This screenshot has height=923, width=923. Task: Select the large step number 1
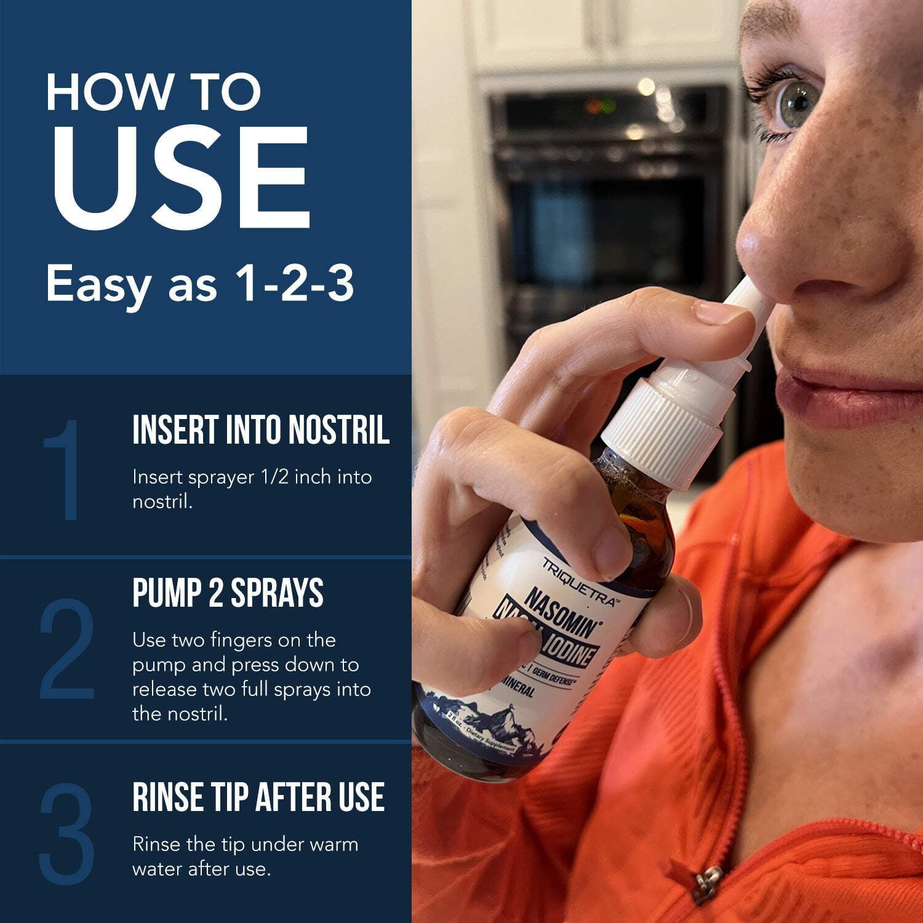pyautogui.click(x=69, y=471)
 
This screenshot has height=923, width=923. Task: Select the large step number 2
pyautogui.click(x=68, y=649)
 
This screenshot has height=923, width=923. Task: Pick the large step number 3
pyautogui.click(x=68, y=834)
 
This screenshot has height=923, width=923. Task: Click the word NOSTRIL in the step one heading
pyautogui.click(x=339, y=430)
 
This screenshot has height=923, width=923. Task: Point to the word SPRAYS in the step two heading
pyautogui.click(x=277, y=593)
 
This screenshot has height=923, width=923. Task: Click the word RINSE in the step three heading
pyautogui.click(x=166, y=797)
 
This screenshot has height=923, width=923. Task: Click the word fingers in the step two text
pyautogui.click(x=237, y=640)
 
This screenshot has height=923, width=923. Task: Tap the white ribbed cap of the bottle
pyautogui.click(x=661, y=425)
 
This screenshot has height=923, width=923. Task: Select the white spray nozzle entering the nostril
pyautogui.click(x=741, y=302)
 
